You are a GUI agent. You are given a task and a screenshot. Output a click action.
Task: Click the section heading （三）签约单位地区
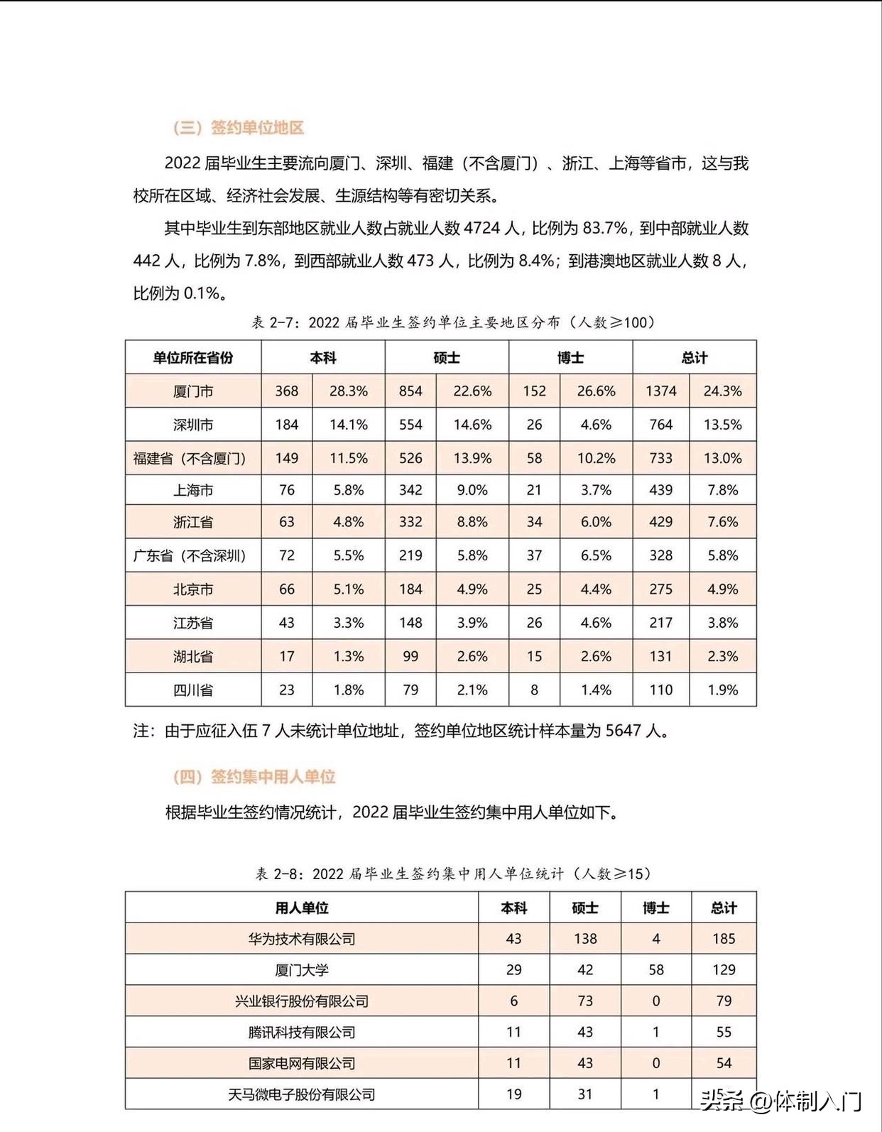[239, 128]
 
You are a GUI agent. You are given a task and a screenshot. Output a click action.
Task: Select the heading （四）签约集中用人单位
[254, 777]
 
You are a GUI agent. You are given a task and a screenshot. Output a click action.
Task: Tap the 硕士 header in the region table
[447, 358]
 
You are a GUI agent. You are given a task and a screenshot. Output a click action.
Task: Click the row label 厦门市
[193, 391]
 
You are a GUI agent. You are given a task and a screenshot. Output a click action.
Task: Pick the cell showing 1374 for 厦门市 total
[660, 391]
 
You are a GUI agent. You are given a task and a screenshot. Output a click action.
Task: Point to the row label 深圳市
[193, 425]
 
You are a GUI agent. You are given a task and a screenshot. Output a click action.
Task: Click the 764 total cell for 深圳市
[660, 425]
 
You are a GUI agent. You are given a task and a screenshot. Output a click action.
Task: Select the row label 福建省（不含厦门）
[190, 458]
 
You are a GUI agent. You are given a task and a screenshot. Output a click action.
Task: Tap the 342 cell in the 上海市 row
[410, 490]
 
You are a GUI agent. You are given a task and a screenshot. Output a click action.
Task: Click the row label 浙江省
[193, 522]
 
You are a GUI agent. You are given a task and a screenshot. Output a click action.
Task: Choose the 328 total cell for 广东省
[660, 555]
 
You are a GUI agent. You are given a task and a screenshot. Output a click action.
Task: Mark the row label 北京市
[193, 589]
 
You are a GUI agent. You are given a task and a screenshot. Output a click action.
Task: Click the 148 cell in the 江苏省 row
[410, 623]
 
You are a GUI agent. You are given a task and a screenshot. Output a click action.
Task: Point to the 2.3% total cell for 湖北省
[722, 656]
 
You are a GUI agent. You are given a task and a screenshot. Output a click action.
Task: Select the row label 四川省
[193, 690]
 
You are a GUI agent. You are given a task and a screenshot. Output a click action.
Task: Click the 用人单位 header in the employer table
[302, 908]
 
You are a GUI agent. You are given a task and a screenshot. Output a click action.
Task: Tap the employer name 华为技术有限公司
[302, 939]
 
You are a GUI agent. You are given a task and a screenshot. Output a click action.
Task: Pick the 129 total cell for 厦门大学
[724, 970]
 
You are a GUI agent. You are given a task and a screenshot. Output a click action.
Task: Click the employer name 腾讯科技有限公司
[302, 1033]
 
